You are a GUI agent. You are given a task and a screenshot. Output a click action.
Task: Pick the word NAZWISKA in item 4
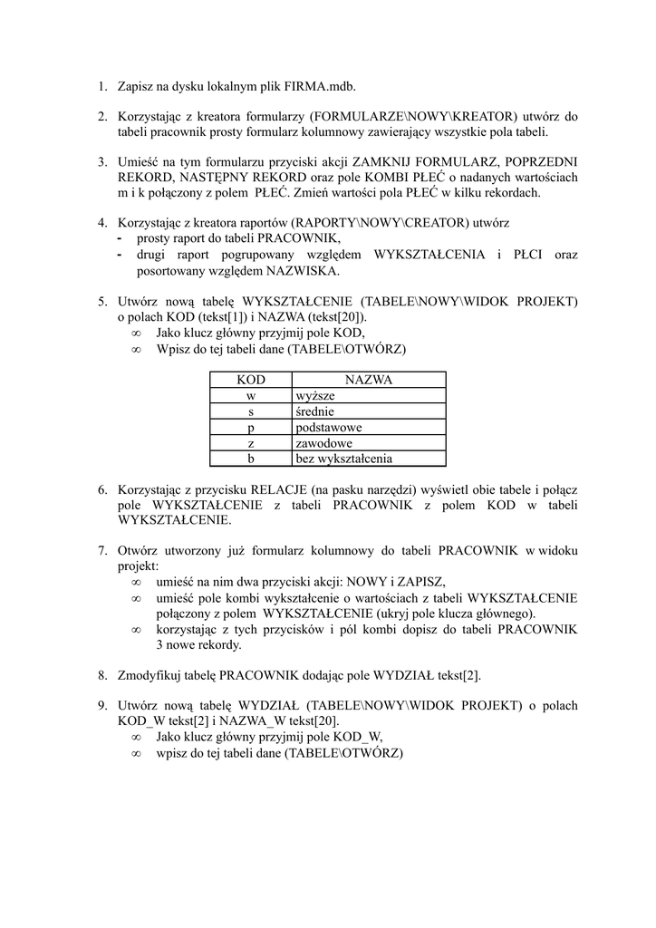(x=303, y=270)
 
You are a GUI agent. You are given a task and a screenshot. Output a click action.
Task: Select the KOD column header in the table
(x=251, y=381)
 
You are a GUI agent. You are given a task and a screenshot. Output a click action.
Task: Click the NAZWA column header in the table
(x=368, y=381)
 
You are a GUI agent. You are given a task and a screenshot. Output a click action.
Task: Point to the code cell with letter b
(x=251, y=459)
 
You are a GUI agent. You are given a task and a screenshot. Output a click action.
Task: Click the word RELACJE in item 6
(x=282, y=490)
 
